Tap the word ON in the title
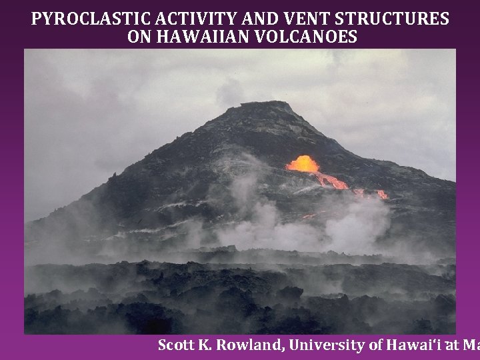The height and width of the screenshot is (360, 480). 139,37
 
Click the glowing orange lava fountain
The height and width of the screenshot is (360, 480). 303,164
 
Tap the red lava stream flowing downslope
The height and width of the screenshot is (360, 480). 333,181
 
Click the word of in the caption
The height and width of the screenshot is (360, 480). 374,345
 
